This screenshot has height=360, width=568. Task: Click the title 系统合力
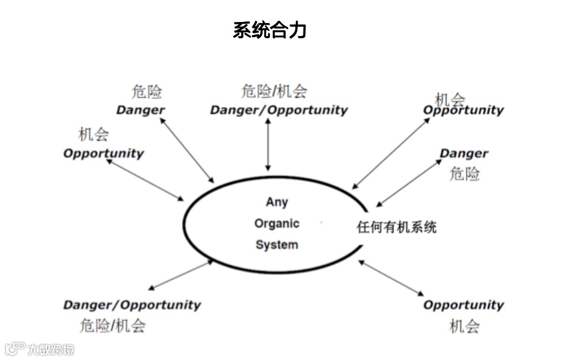point(269,30)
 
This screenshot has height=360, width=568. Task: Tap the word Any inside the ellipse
point(277,202)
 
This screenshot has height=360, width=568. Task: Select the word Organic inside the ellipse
point(277,223)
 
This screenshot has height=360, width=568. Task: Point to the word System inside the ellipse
point(277,245)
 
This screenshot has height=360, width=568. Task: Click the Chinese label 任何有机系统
point(396,227)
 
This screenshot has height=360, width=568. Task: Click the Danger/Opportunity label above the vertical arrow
point(279,110)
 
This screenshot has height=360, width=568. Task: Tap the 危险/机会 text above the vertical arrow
point(274,91)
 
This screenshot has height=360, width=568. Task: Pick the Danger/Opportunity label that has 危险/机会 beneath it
point(132,305)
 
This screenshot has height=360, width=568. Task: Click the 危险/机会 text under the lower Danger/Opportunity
point(113,326)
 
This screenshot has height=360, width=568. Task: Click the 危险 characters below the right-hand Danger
point(464,174)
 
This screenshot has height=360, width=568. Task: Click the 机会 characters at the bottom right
point(464,326)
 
